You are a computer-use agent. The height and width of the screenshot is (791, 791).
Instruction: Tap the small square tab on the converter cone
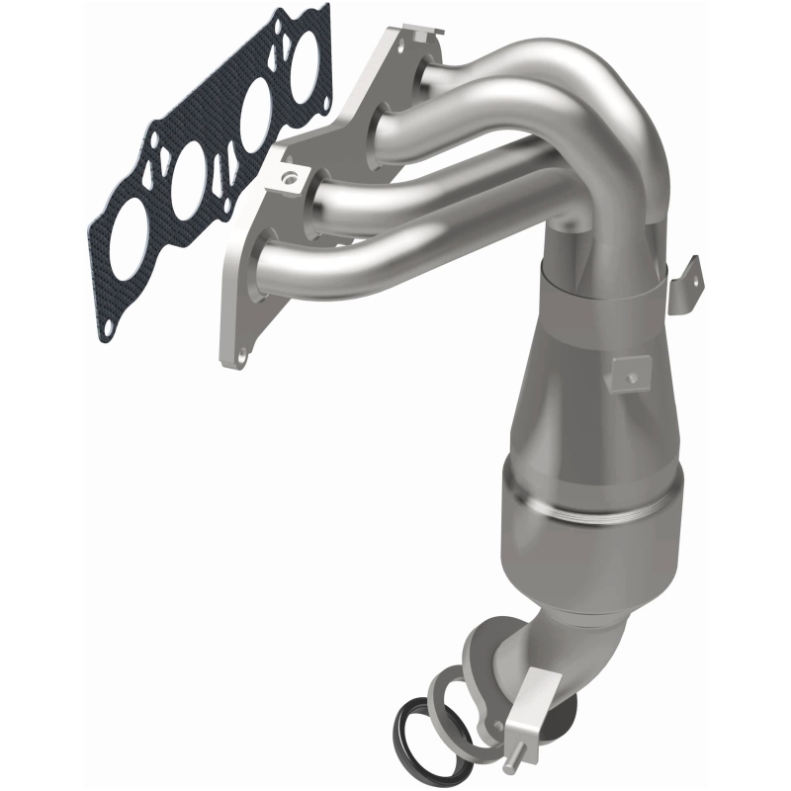coord(626,374)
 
